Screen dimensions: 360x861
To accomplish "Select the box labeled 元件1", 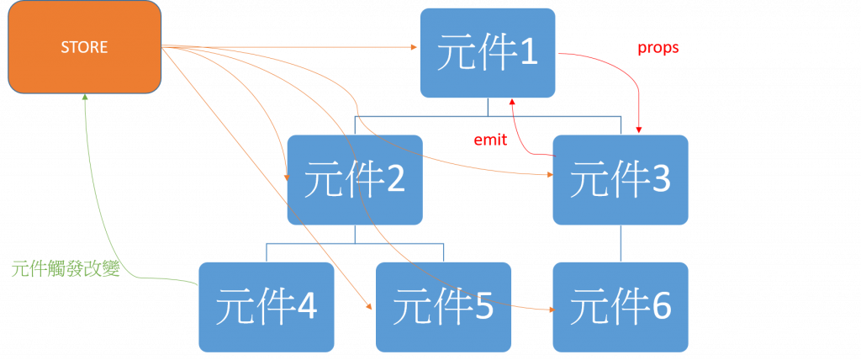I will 487,52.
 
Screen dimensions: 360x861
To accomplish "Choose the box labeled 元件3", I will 621,178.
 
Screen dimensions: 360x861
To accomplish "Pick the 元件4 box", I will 266,306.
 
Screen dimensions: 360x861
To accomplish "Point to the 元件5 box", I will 442,306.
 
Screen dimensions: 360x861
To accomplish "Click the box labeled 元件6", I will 621,306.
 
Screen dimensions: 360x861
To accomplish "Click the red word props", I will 658,48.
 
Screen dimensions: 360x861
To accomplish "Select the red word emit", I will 490,140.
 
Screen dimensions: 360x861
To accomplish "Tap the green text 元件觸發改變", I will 68,269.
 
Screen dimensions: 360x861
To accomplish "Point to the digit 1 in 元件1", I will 526,53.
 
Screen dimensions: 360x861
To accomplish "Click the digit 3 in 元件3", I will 660,179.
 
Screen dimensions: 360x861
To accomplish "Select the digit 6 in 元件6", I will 660,307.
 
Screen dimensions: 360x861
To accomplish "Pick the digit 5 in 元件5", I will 482,307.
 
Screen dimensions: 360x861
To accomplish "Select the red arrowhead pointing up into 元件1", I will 511,103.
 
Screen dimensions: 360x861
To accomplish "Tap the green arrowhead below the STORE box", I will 86,98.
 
